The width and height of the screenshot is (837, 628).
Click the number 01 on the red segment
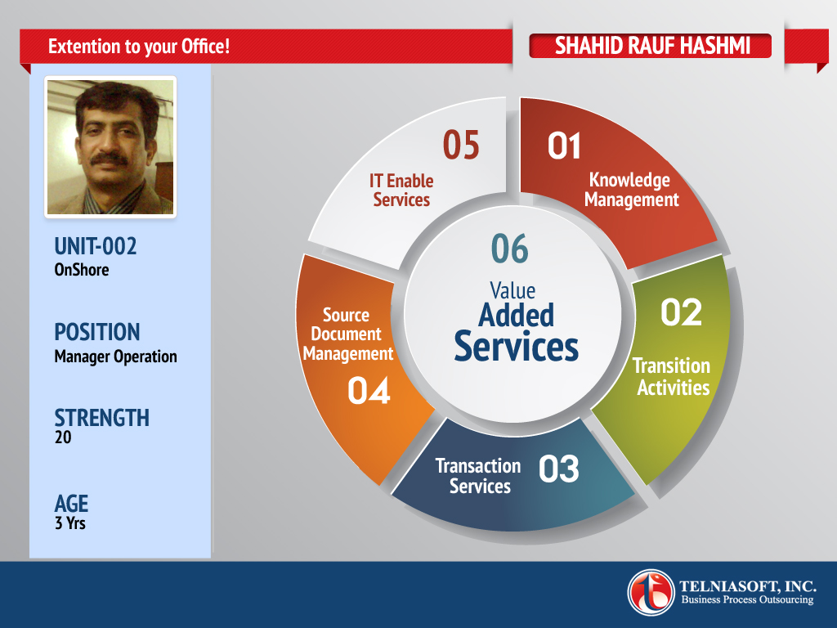pyautogui.click(x=564, y=146)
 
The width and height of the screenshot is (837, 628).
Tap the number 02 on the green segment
pyautogui.click(x=681, y=312)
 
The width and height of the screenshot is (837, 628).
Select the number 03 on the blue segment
pyautogui.click(x=558, y=469)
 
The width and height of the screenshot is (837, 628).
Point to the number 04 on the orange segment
pyautogui.click(x=369, y=390)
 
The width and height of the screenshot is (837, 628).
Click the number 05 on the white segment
pyautogui.click(x=461, y=146)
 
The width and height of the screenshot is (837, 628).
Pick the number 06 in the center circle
pyautogui.click(x=510, y=249)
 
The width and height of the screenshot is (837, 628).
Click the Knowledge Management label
pyautogui.click(x=631, y=190)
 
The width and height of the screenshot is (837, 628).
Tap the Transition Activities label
pyautogui.click(x=672, y=376)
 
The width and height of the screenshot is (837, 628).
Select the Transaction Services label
pyautogui.click(x=478, y=476)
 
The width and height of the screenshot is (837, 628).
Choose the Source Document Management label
pyautogui.click(x=347, y=334)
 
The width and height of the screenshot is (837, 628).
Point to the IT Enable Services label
pyautogui.click(x=401, y=190)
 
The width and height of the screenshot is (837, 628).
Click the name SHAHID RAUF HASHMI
pyautogui.click(x=652, y=46)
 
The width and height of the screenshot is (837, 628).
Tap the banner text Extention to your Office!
pyautogui.click(x=139, y=47)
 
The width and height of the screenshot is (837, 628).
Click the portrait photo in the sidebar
pyautogui.click(x=110, y=147)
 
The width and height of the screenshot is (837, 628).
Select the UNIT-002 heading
pyautogui.click(x=96, y=247)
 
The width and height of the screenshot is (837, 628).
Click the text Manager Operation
pyautogui.click(x=115, y=357)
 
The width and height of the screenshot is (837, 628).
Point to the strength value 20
pyautogui.click(x=63, y=437)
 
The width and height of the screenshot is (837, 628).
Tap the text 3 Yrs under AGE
pyautogui.click(x=70, y=523)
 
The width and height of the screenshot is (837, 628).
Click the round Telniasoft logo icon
pyautogui.click(x=651, y=593)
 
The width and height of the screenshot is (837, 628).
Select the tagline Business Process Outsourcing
pyautogui.click(x=747, y=599)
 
